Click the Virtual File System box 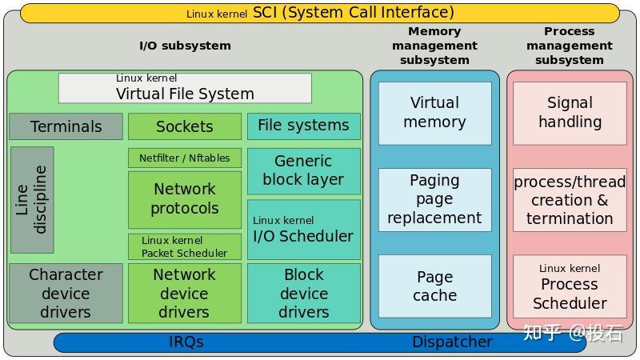tap(185, 88)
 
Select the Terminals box tap(66, 126)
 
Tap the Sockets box tap(184, 126)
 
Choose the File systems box tap(303, 126)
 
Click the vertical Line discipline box tap(32, 200)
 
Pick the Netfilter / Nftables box tap(184, 158)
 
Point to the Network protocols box tap(184, 199)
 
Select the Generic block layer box tap(303, 170)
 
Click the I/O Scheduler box tap(303, 230)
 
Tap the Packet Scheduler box tap(184, 246)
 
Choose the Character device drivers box tap(66, 293)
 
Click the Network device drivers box tap(184, 293)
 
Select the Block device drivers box tap(303, 293)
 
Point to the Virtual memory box tap(434, 113)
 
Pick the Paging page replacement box tap(434, 199)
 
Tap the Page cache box tap(434, 286)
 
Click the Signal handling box tap(570, 113)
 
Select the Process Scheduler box tap(570, 286)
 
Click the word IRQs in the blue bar tap(186, 342)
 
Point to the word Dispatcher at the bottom tap(452, 342)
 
